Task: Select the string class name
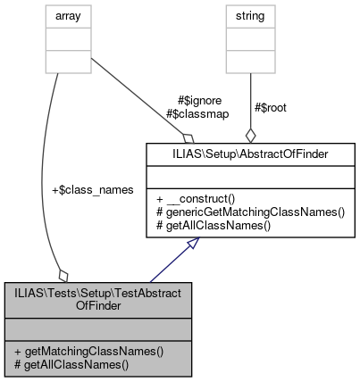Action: (x=250, y=15)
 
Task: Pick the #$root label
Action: (x=271, y=106)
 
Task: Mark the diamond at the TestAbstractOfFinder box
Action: (x=63, y=273)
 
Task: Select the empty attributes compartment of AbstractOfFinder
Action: (x=250, y=175)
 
